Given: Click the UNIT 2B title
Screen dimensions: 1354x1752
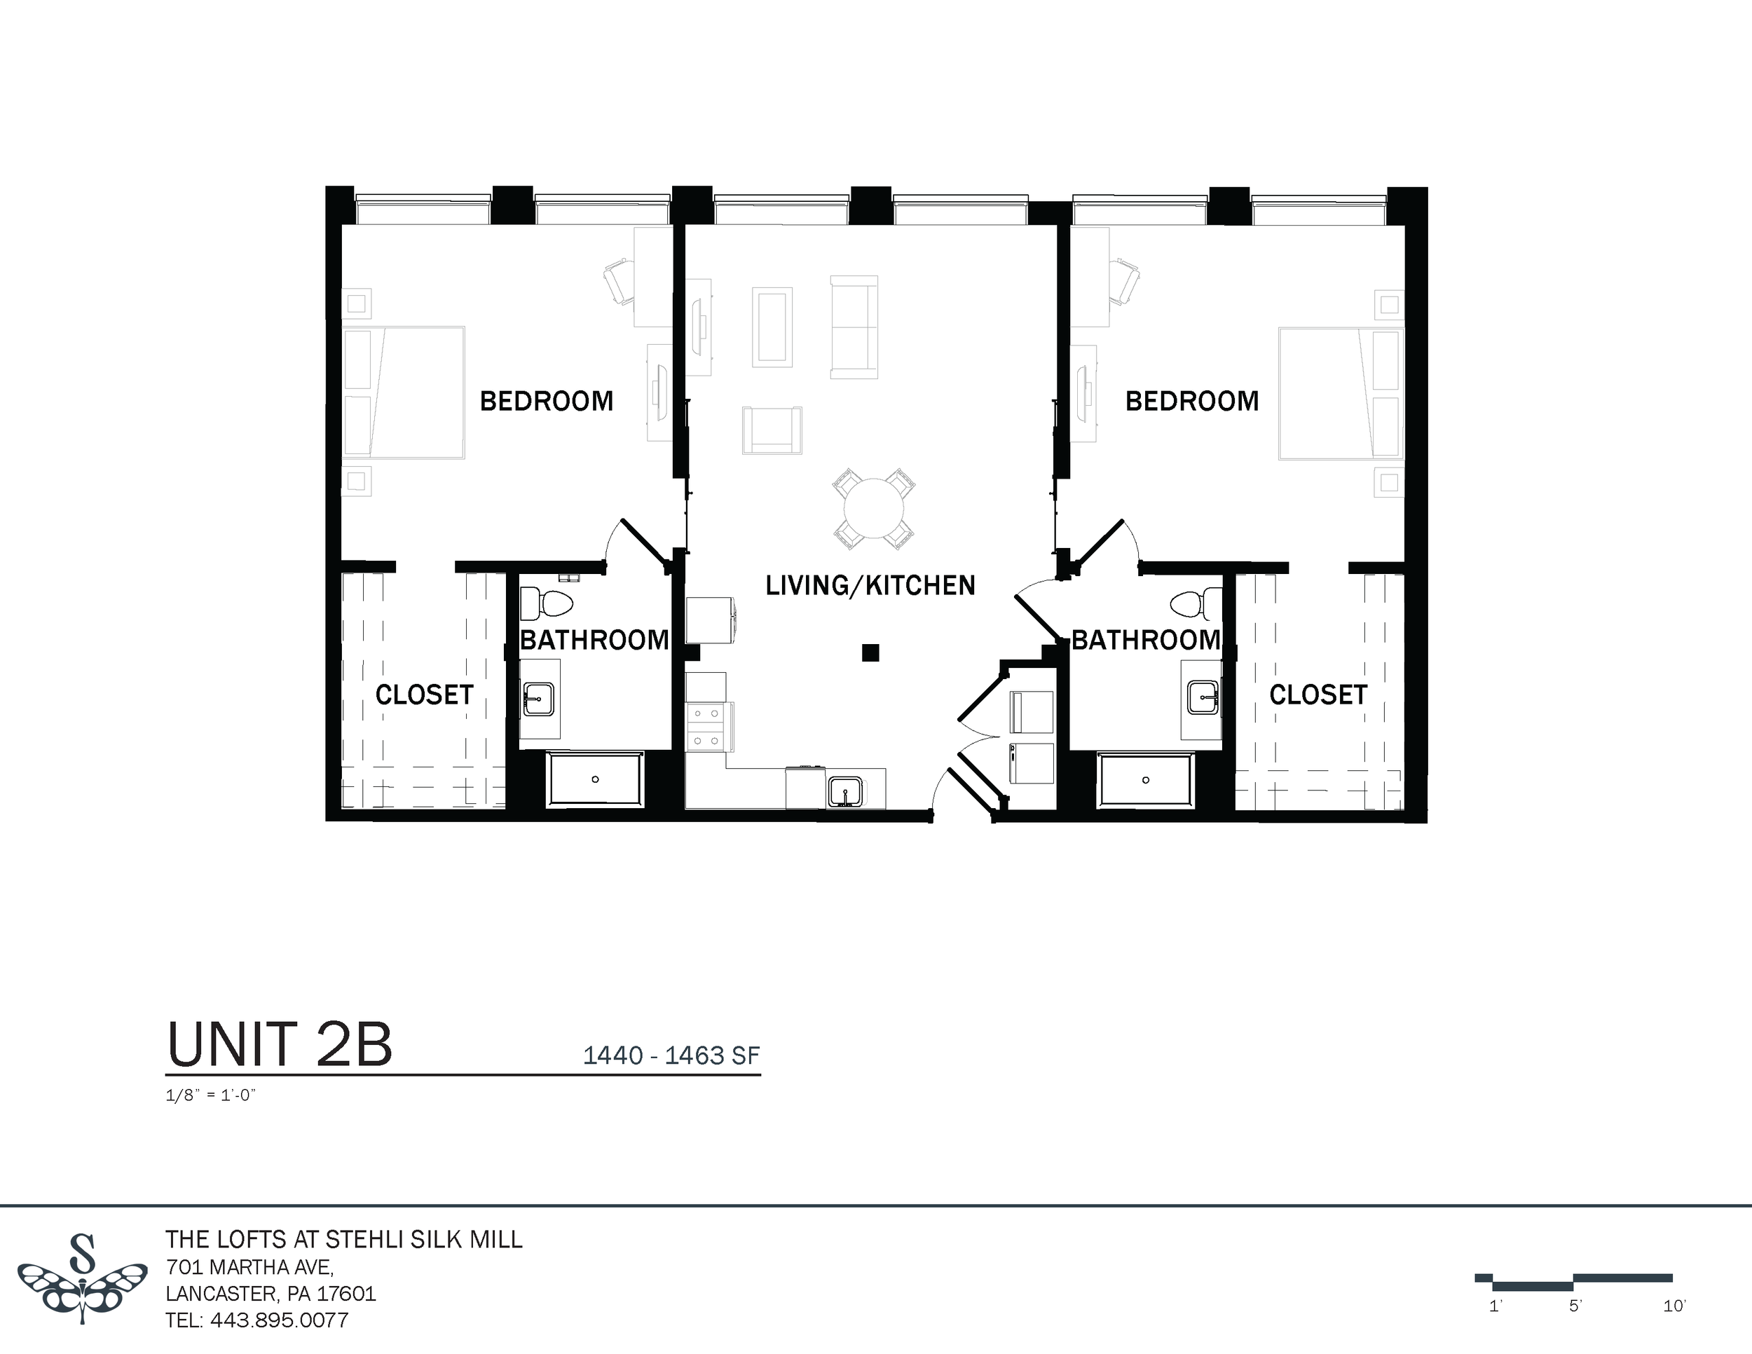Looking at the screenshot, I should (x=279, y=1045).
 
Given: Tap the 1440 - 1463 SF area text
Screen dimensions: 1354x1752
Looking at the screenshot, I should (x=671, y=1055).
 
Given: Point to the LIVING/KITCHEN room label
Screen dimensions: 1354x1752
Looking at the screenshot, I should (x=870, y=586).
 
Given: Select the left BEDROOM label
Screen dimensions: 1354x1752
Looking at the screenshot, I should (x=547, y=401).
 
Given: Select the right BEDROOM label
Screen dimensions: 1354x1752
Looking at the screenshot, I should (x=1191, y=401).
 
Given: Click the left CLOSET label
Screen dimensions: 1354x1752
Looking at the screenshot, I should (x=425, y=695).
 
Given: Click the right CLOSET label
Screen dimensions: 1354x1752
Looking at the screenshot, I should (x=1318, y=695).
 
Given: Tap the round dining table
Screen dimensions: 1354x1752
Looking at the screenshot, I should (x=874, y=509).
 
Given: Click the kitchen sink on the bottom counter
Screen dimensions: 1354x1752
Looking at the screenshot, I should (x=844, y=791).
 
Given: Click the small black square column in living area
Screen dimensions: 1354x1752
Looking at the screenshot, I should (x=870, y=653).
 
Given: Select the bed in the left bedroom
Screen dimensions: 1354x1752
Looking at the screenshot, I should (x=404, y=392).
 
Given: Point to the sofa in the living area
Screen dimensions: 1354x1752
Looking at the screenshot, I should (x=854, y=327).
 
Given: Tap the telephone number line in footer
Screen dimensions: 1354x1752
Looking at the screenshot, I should (x=256, y=1320).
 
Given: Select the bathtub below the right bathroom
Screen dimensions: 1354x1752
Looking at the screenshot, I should (x=1146, y=779).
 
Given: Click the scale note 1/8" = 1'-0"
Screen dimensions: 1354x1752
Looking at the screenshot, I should (x=210, y=1095).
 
